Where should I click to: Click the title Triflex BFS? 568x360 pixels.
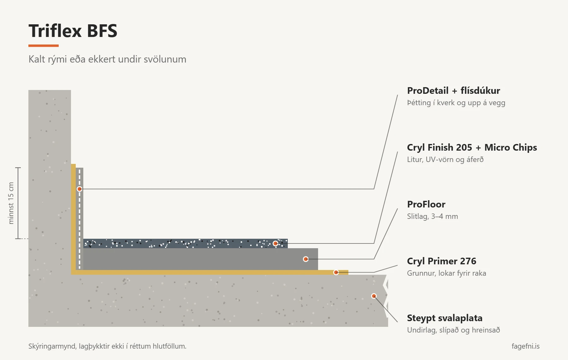pyautogui.click(x=73, y=31)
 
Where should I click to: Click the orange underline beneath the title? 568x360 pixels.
pyautogui.click(x=44, y=46)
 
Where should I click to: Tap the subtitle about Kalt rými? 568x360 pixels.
pyautogui.click(x=107, y=59)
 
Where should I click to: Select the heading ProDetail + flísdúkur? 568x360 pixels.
pyautogui.click(x=453, y=91)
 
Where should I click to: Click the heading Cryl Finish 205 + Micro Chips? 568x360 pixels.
pyautogui.click(x=472, y=148)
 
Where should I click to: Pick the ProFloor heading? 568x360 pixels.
pyautogui.click(x=426, y=204)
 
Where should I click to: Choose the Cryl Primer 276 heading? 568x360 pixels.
pyautogui.click(x=441, y=261)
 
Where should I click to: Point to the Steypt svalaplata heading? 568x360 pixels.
pyautogui.click(x=445, y=318)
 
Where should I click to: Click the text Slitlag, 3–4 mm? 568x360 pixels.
pyautogui.click(x=432, y=217)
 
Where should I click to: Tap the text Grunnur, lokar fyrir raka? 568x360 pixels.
pyautogui.click(x=447, y=273)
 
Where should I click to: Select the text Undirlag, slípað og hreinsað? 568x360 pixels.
pyautogui.click(x=453, y=330)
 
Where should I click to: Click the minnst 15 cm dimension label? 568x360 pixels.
pyautogui.click(x=11, y=203)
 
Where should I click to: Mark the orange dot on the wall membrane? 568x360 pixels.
pyautogui.click(x=80, y=189)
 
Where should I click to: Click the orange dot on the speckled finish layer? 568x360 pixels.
pyautogui.click(x=275, y=243)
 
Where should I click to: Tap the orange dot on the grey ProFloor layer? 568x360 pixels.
pyautogui.click(x=306, y=259)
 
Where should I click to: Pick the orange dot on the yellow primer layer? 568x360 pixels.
pyautogui.click(x=336, y=272)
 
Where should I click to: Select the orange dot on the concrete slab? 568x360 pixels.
pyautogui.click(x=374, y=296)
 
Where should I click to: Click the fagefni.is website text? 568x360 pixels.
pyautogui.click(x=525, y=346)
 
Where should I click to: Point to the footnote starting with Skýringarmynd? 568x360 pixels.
pyautogui.click(x=107, y=346)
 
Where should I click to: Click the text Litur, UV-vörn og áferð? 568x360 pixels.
pyautogui.click(x=445, y=160)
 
